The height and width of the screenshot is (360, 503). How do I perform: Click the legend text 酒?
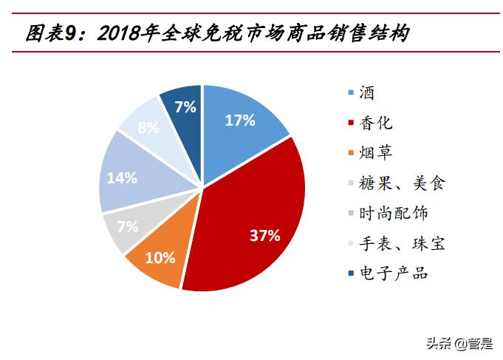[x=367, y=93]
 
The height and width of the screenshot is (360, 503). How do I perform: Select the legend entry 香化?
[x=375, y=123]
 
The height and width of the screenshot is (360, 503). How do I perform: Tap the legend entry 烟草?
[x=375, y=153]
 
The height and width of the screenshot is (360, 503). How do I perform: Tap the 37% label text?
[x=264, y=237]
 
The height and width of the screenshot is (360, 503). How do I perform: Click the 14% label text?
[x=122, y=177]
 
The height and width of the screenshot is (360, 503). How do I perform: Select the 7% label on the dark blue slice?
[x=185, y=107]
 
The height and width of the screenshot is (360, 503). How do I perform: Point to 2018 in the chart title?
[x=121, y=33]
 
